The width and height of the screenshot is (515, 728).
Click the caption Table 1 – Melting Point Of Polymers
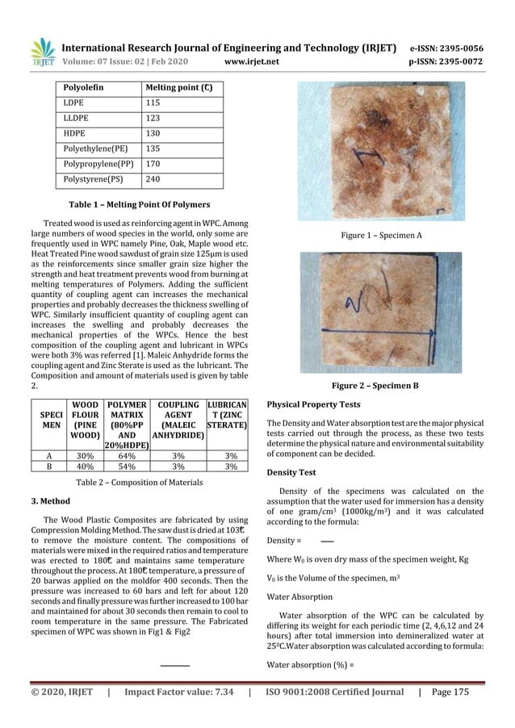[141, 204]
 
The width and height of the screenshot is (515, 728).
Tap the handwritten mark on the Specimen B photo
[358, 306]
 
